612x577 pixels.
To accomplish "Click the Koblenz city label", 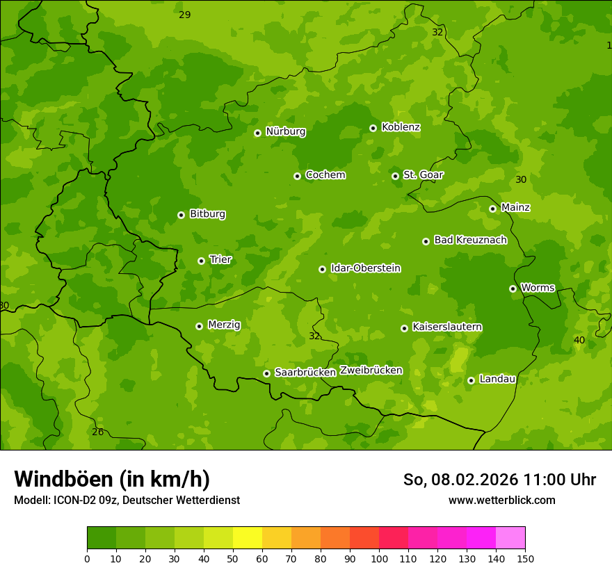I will pos(401,127).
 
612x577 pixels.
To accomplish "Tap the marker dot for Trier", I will pos(201,261).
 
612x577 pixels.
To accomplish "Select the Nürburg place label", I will pos(285,131).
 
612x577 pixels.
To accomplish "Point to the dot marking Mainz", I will pos(492,209).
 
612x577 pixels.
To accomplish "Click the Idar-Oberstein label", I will pos(365,268).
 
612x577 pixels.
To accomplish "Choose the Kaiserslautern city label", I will pos(447,327).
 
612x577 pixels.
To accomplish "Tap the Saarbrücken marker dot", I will pos(266,373).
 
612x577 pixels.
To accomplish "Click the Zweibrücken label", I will pos(371,371).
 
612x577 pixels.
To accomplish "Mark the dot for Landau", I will pos(471,380).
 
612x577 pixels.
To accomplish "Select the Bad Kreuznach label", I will pos(470,240).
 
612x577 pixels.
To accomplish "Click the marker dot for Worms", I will pos(513,288).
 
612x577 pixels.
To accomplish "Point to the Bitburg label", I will pos(207,214).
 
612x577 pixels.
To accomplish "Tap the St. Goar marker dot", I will pos(395,176).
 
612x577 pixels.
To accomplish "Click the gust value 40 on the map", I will pos(579,340).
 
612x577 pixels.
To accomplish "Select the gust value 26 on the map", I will pos(98,432).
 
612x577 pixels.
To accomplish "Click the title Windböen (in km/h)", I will pos(112,479).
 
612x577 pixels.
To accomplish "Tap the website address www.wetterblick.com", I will pos(501,500).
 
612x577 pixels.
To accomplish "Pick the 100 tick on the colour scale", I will pos(379,558).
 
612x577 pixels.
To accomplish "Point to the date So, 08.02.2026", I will pos(461,480).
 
